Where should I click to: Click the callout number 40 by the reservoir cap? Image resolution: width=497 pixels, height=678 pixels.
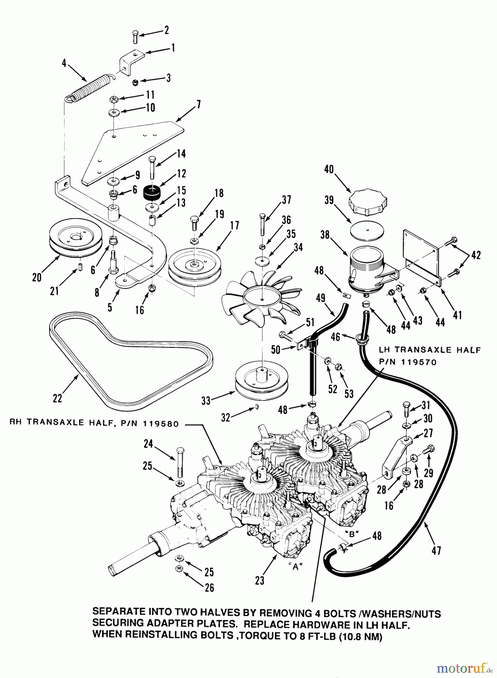329,169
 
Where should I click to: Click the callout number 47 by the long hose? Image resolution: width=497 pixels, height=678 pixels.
436,551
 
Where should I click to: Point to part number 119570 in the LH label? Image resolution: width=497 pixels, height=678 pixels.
419,362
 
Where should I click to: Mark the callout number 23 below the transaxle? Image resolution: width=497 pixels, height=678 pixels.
259,580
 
